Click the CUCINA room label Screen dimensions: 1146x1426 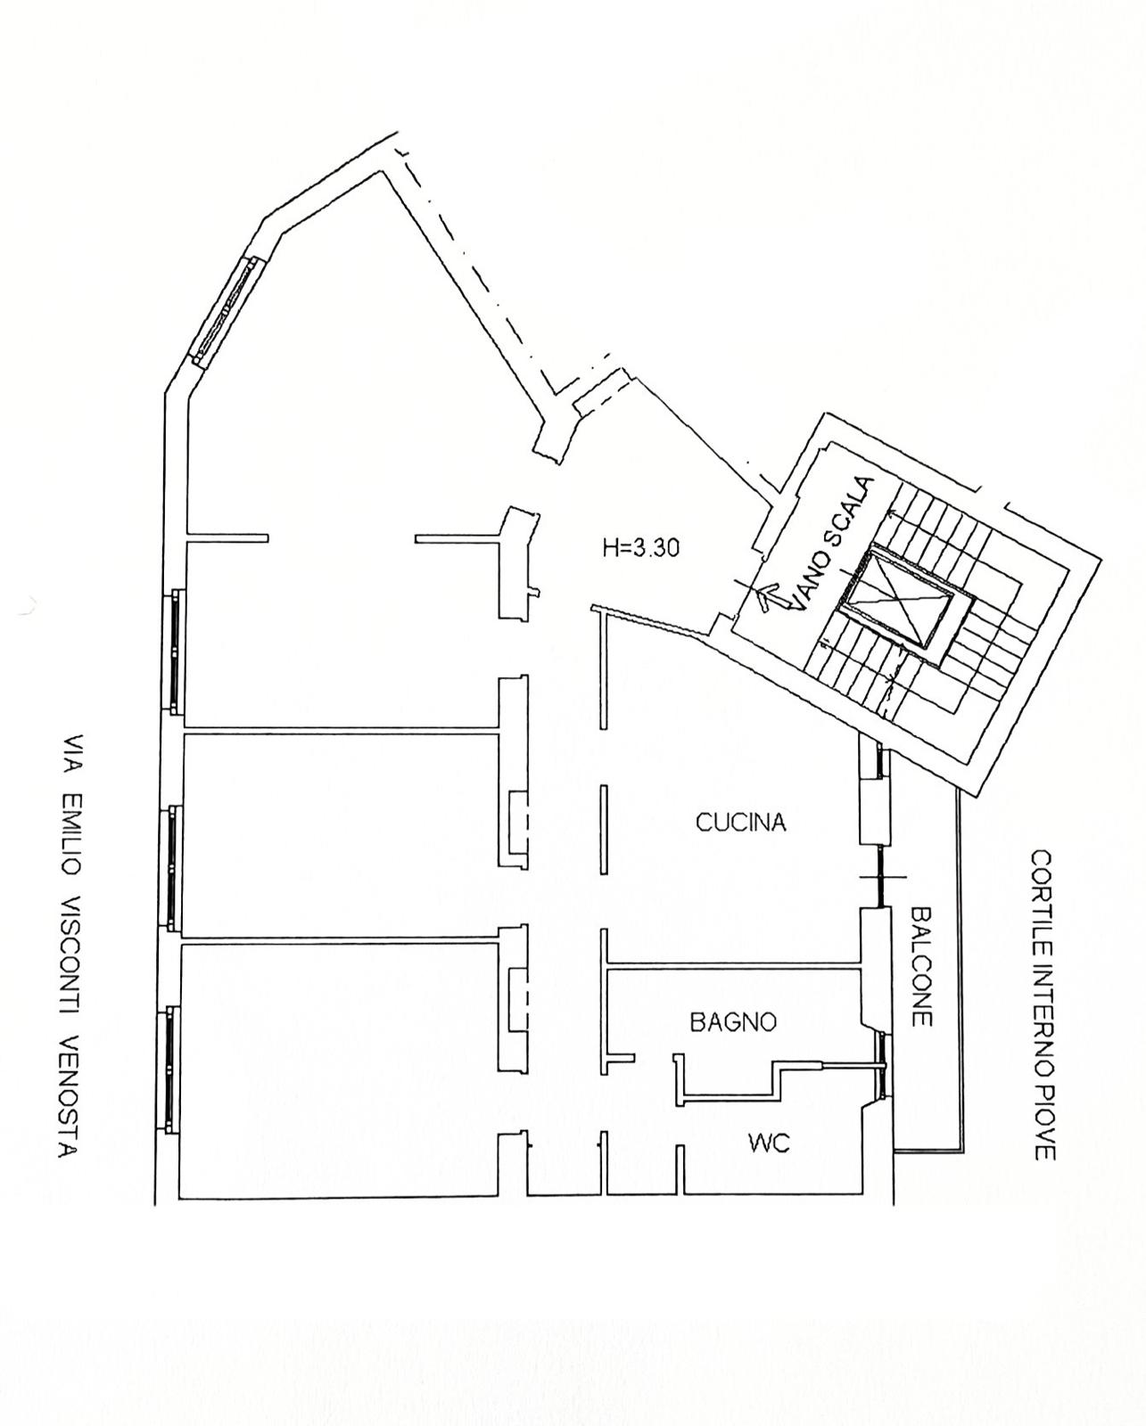pyautogui.click(x=741, y=823)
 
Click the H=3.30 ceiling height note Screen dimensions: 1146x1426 pyautogui.click(x=640, y=547)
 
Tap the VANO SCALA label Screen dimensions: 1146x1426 pyautogui.click(x=833, y=543)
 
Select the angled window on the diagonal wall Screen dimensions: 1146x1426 pyautogui.click(x=229, y=310)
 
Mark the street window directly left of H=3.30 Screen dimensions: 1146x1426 pyautogui.click(x=174, y=651)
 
